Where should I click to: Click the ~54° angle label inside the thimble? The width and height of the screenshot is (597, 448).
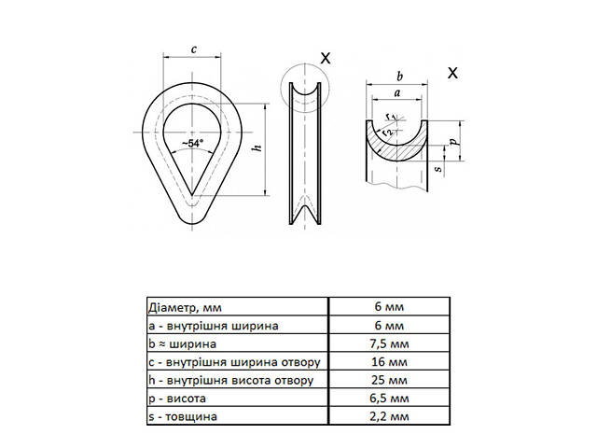[x=193, y=144]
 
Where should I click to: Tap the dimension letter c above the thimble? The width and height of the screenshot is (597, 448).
[x=193, y=49]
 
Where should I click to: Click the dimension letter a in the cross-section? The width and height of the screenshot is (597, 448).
[x=397, y=94]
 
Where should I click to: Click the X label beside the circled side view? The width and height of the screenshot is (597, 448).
[x=325, y=58]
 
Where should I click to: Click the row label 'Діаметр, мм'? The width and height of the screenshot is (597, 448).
[x=187, y=307]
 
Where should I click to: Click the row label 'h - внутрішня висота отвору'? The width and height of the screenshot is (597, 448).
[x=224, y=381]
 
